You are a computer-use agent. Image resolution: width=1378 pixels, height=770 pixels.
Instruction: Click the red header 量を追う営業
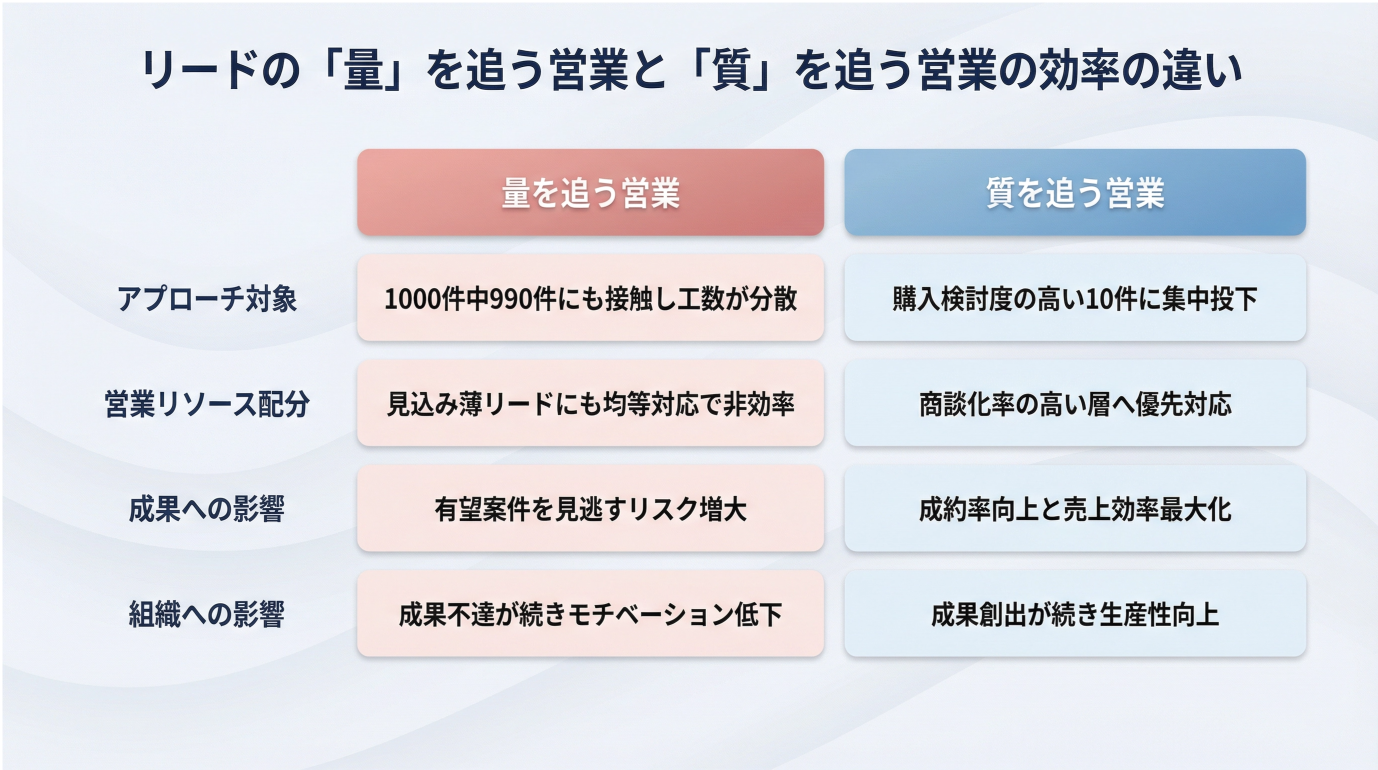[x=590, y=192]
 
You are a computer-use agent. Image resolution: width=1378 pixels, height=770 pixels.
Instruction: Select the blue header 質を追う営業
[x=1075, y=192]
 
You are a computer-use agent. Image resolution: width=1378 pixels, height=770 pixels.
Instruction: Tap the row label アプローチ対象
[x=207, y=298]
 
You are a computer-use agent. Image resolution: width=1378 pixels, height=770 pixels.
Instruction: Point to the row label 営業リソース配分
[x=207, y=403]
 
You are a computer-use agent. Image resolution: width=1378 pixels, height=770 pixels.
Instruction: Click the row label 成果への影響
[x=207, y=508]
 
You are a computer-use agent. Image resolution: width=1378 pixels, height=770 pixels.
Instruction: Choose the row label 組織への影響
[x=207, y=614]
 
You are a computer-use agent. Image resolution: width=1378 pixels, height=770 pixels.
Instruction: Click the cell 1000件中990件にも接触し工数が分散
[x=590, y=297]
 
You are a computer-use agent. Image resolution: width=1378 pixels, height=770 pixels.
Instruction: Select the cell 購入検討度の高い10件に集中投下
[x=1075, y=297]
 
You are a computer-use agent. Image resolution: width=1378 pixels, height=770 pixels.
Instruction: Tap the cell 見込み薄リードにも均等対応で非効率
[x=590, y=403]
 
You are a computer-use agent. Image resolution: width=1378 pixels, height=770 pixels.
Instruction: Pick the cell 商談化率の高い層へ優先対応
[x=1075, y=403]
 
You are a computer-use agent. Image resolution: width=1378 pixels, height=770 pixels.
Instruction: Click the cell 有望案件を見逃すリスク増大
[x=590, y=508]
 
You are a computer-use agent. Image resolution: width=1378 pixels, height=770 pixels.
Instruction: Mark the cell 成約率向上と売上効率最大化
[x=1075, y=508]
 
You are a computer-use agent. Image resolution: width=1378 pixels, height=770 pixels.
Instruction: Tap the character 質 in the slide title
[x=732, y=69]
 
